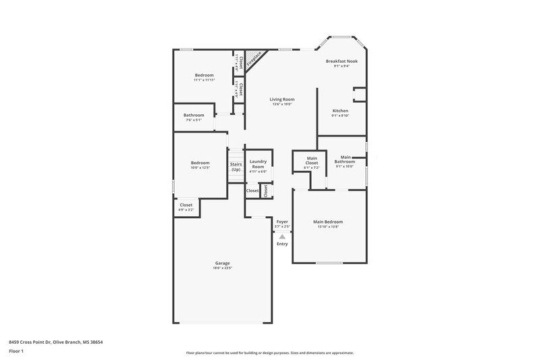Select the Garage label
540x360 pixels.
[223, 263]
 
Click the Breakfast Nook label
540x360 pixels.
[342, 61]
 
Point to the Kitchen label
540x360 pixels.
[340, 110]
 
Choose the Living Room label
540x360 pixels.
[282, 99]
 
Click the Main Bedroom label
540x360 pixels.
[328, 222]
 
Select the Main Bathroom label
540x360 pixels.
[345, 159]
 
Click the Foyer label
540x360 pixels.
[282, 222]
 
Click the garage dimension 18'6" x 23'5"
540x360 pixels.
[223, 268]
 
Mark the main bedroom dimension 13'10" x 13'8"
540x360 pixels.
[328, 227]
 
